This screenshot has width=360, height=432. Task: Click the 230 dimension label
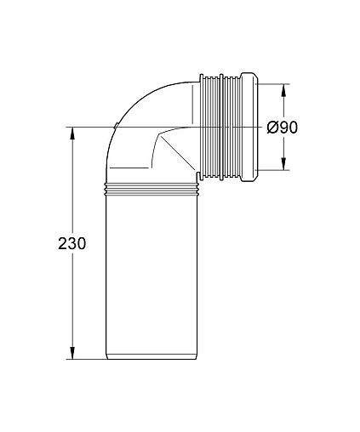tap(71, 243)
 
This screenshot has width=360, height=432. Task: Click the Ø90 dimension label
tap(283, 128)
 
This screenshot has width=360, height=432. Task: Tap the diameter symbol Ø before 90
tap(272, 128)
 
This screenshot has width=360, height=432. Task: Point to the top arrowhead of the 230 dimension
tap(72, 134)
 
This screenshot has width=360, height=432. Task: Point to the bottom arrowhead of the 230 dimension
tap(72, 353)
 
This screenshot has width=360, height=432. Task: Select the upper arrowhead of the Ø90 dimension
tap(283, 90)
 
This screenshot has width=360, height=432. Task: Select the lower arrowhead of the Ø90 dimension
tap(283, 164)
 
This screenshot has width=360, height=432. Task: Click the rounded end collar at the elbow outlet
tap(249, 127)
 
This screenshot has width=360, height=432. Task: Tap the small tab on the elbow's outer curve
tap(116, 126)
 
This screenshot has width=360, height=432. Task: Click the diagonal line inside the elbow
tap(178, 153)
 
